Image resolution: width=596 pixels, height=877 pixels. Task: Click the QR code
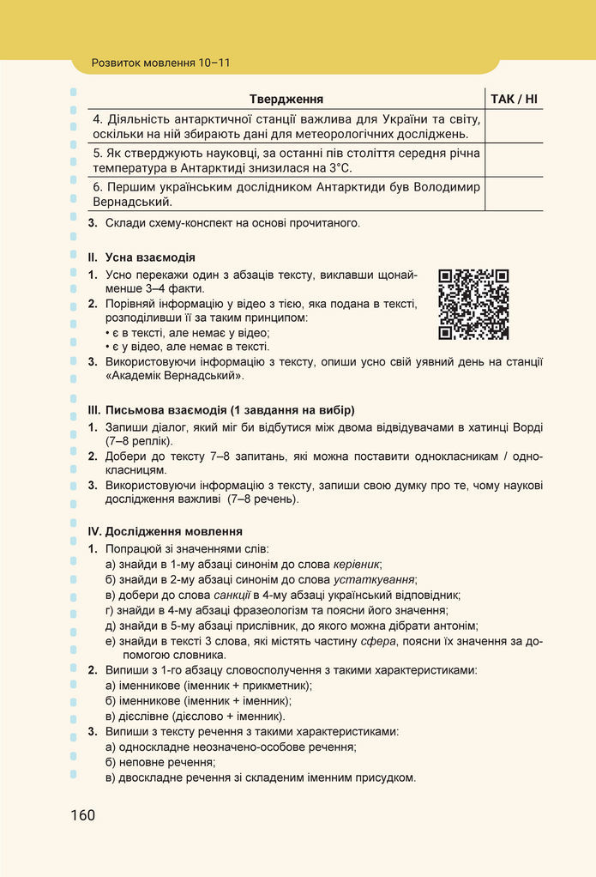473,305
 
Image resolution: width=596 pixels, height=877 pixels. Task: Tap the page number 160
83,814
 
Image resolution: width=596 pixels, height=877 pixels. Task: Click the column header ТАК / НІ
515,100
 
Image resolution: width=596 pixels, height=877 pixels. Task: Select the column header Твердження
287,100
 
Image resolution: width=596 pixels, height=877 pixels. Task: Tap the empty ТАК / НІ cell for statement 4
515,126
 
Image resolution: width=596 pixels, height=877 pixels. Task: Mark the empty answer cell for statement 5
515,160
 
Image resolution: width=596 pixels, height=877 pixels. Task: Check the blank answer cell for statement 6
515,194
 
